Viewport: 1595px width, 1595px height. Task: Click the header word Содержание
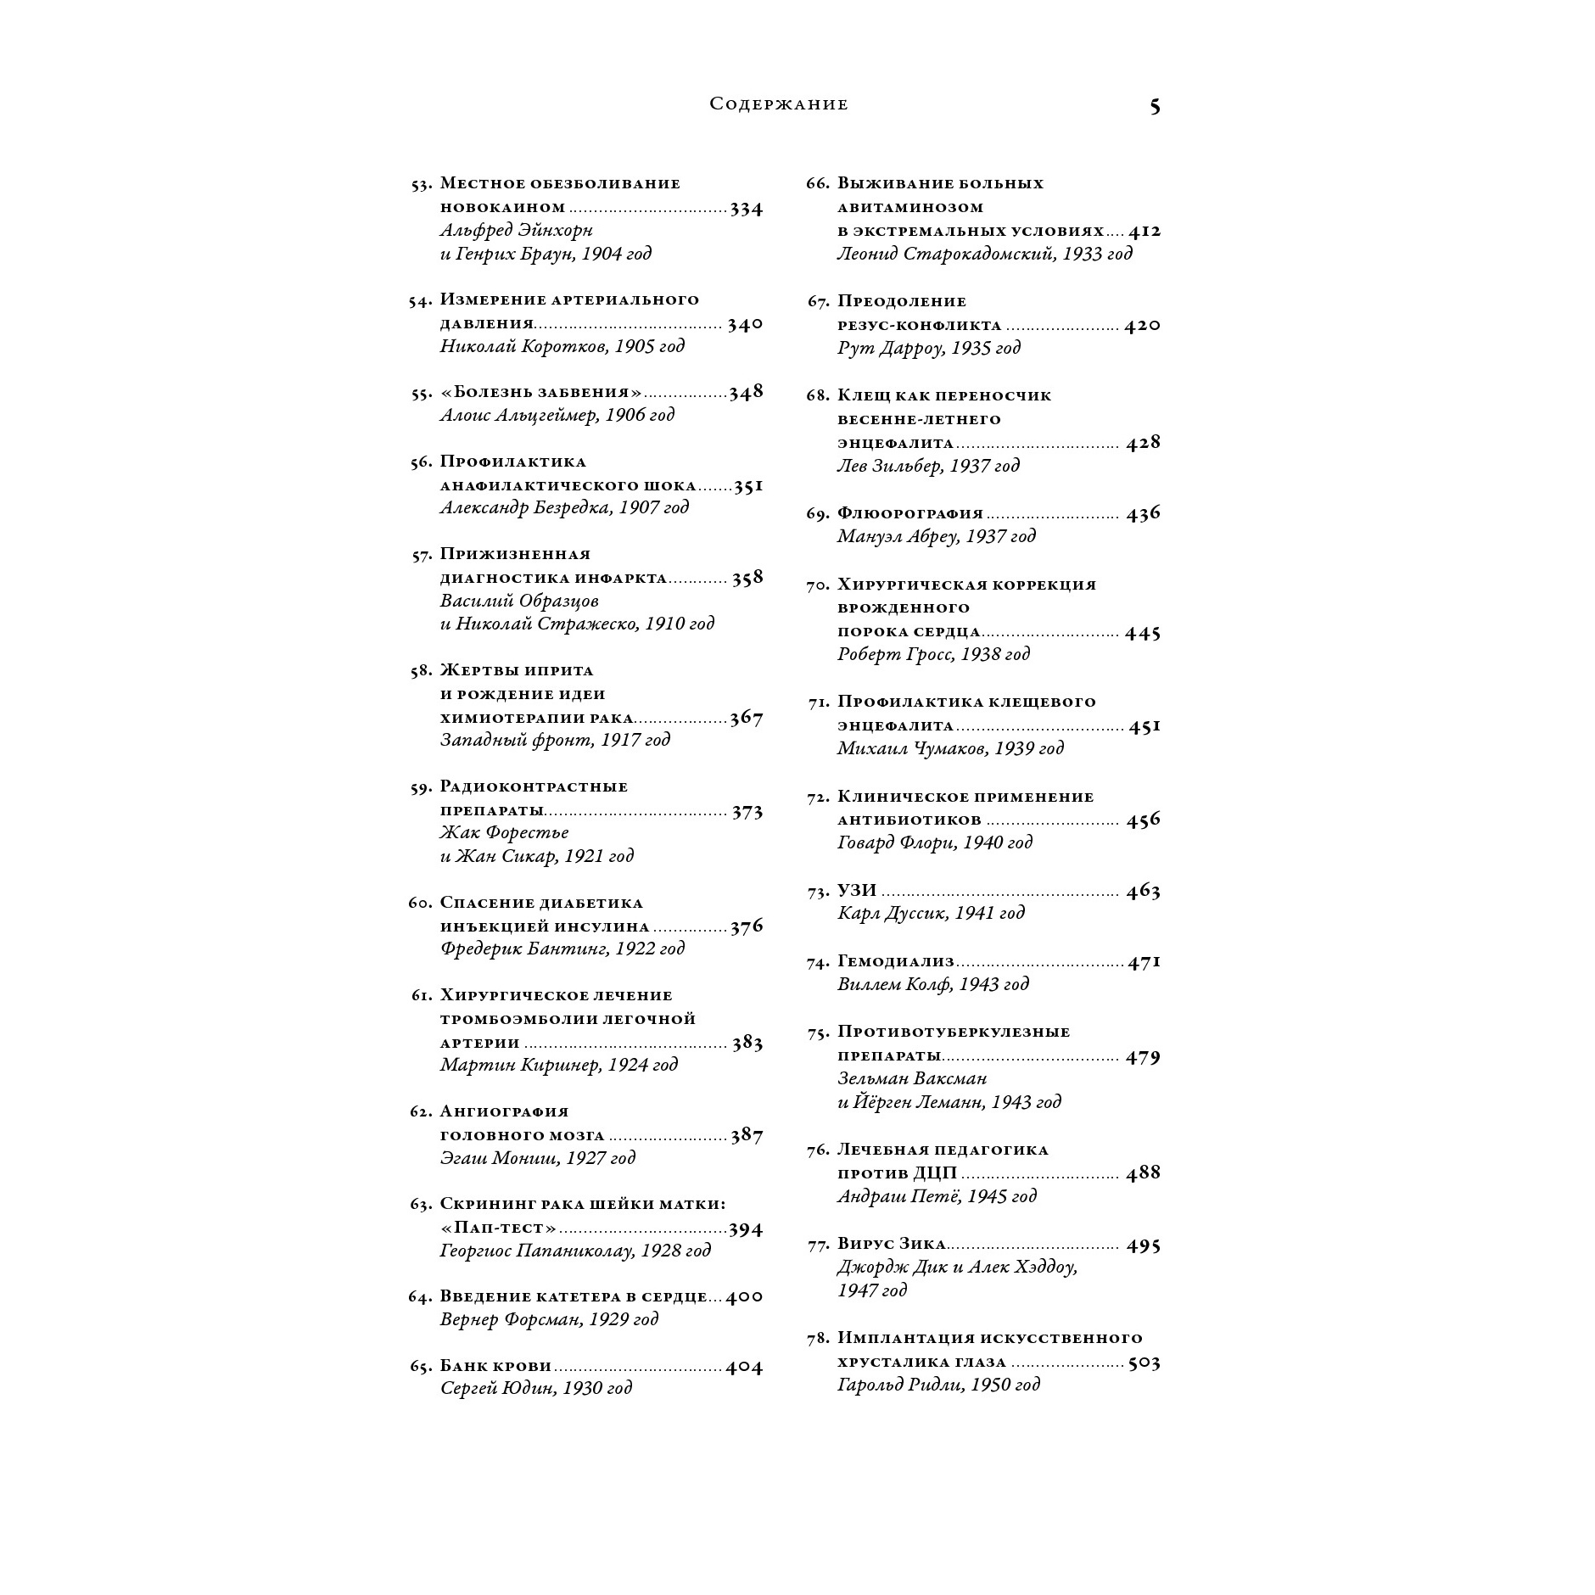(x=778, y=104)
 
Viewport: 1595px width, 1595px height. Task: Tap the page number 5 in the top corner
(x=1155, y=106)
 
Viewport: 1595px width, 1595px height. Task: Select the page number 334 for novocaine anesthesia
(x=747, y=208)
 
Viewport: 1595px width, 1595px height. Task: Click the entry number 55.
(x=421, y=394)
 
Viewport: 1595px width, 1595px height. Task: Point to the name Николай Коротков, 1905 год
(x=562, y=346)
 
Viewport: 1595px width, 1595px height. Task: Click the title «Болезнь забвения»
(x=541, y=392)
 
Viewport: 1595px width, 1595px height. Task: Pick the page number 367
(x=747, y=718)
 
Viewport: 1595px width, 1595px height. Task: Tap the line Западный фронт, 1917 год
(x=555, y=740)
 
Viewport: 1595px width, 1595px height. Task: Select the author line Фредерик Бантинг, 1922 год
(x=562, y=949)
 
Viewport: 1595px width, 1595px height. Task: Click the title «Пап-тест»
(x=498, y=1228)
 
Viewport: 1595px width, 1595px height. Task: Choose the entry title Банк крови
(x=495, y=1366)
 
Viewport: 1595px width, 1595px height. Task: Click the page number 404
(x=744, y=1367)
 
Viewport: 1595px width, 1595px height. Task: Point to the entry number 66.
(x=817, y=184)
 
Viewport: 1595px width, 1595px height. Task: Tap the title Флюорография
(x=909, y=513)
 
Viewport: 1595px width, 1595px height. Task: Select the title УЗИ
(x=856, y=891)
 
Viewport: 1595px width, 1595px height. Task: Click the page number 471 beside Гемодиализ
(x=1144, y=961)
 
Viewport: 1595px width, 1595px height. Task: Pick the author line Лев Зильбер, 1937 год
(x=927, y=466)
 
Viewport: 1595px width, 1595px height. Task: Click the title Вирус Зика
(x=891, y=1244)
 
